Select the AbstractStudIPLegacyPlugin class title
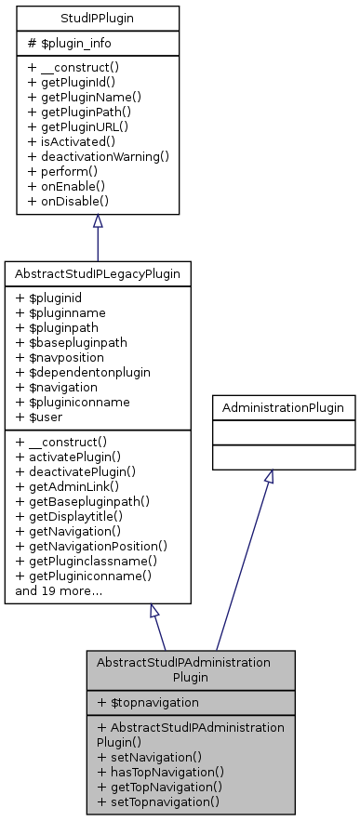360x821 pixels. point(98,274)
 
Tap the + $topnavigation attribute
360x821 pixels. point(148,702)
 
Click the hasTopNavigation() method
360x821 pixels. point(163,772)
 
